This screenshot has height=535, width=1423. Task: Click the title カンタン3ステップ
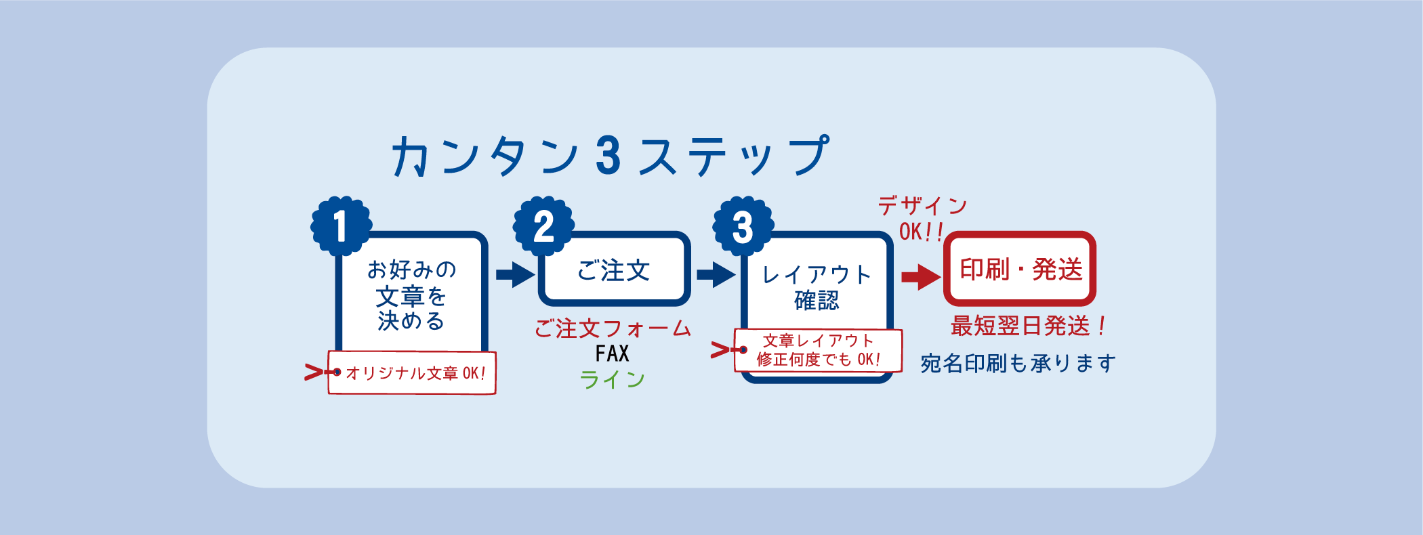[610, 156]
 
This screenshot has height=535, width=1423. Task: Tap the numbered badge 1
[341, 226]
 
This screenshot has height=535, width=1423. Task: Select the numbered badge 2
[543, 226]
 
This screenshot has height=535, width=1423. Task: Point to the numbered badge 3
[743, 226]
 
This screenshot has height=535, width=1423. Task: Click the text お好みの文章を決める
[411, 295]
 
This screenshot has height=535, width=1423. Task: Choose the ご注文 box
[614, 270]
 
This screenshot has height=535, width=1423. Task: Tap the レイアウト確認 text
[817, 287]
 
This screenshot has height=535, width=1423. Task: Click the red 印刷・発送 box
[1020, 270]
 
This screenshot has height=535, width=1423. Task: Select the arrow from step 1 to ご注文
[515, 274]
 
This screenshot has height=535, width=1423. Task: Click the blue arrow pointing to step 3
[716, 274]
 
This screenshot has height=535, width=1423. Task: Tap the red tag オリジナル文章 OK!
[413, 372]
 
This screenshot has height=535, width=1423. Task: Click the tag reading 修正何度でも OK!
[819, 351]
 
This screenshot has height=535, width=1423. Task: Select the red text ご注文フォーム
[613, 329]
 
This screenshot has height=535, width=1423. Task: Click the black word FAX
[613, 354]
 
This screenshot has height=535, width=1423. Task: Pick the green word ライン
[613, 379]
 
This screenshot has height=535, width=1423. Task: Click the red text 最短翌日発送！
[1029, 326]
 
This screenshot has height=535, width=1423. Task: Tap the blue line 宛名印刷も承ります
[1018, 364]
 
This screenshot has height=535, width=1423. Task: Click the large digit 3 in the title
[608, 156]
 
